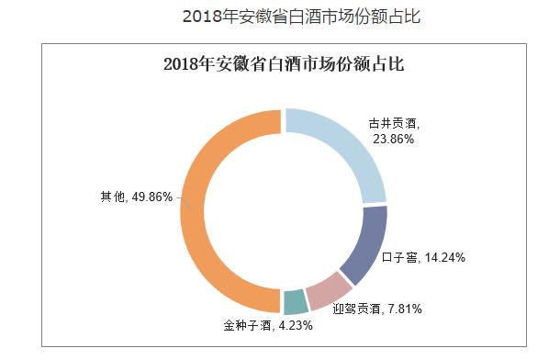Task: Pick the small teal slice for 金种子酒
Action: click(295, 302)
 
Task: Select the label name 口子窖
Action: click(400, 258)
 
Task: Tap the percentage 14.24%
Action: click(444, 258)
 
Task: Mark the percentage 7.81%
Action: click(404, 309)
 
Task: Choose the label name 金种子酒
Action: click(247, 325)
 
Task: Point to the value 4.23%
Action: click(296, 325)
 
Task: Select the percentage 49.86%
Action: click(152, 197)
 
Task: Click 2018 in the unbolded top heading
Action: click(203, 17)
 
